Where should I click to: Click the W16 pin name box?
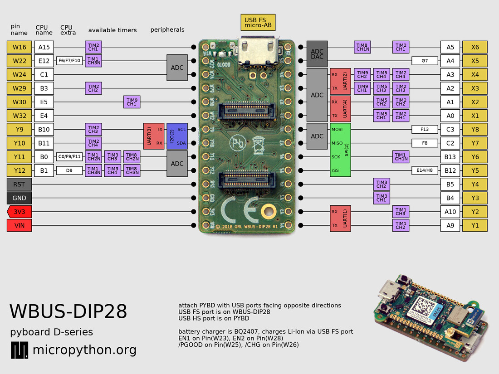coord(20,47)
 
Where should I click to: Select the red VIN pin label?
coord(20,225)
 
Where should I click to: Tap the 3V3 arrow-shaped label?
coord(20,212)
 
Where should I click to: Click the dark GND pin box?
coord(20,198)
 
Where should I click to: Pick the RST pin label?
coord(20,185)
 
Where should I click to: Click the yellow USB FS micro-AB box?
coord(258,22)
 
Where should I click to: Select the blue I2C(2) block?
coord(177,136)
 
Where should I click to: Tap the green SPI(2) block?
coord(340,150)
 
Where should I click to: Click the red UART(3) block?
coord(153,136)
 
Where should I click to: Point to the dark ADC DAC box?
coord(317,54)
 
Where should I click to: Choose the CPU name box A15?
coord(44,47)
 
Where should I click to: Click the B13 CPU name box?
coord(450,157)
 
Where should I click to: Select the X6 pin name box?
coord(475,47)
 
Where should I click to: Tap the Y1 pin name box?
coord(475,225)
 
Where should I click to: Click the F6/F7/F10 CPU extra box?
coord(69,61)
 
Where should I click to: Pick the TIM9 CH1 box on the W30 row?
coord(132,102)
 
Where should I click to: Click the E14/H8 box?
coord(425,170)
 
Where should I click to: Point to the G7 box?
coord(425,61)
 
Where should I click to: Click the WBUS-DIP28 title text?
coord(68,312)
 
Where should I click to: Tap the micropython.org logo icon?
coord(19,350)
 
